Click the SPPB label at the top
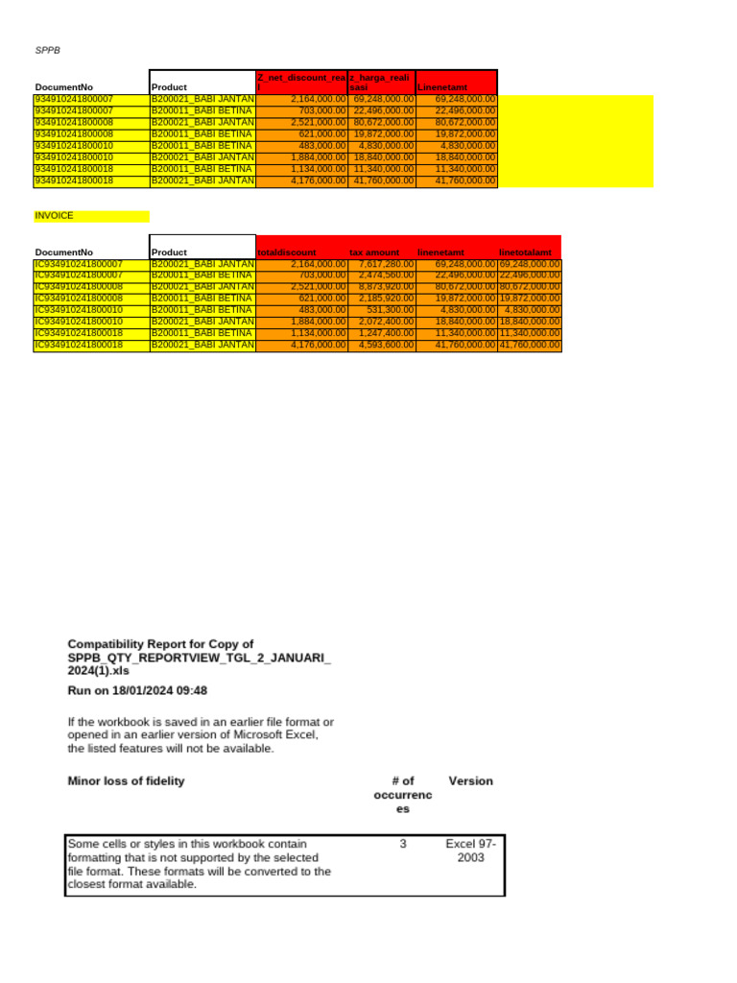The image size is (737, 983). click(48, 48)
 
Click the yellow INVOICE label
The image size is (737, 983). click(55, 216)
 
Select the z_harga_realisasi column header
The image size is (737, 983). click(382, 82)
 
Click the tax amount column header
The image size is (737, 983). click(374, 252)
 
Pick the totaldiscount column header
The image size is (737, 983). click(287, 252)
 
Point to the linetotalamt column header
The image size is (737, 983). click(526, 252)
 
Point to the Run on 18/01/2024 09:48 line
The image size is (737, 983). click(137, 690)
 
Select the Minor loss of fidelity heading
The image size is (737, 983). click(126, 780)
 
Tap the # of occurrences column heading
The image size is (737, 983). click(403, 795)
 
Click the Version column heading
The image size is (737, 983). click(470, 780)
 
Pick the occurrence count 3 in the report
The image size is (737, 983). click(404, 844)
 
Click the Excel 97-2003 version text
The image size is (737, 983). click(470, 851)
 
